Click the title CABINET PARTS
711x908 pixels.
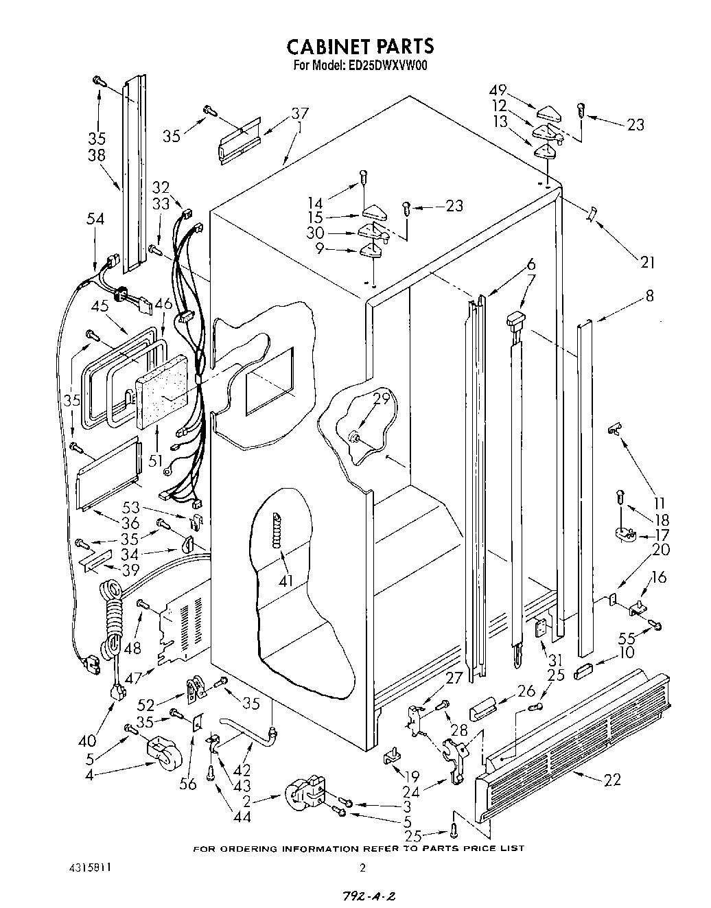point(360,46)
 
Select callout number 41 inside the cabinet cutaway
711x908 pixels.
point(285,581)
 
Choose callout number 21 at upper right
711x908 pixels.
point(647,261)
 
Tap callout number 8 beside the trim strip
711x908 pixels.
point(649,296)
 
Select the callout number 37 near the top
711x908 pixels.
point(299,113)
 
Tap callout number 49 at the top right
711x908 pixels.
point(498,91)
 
